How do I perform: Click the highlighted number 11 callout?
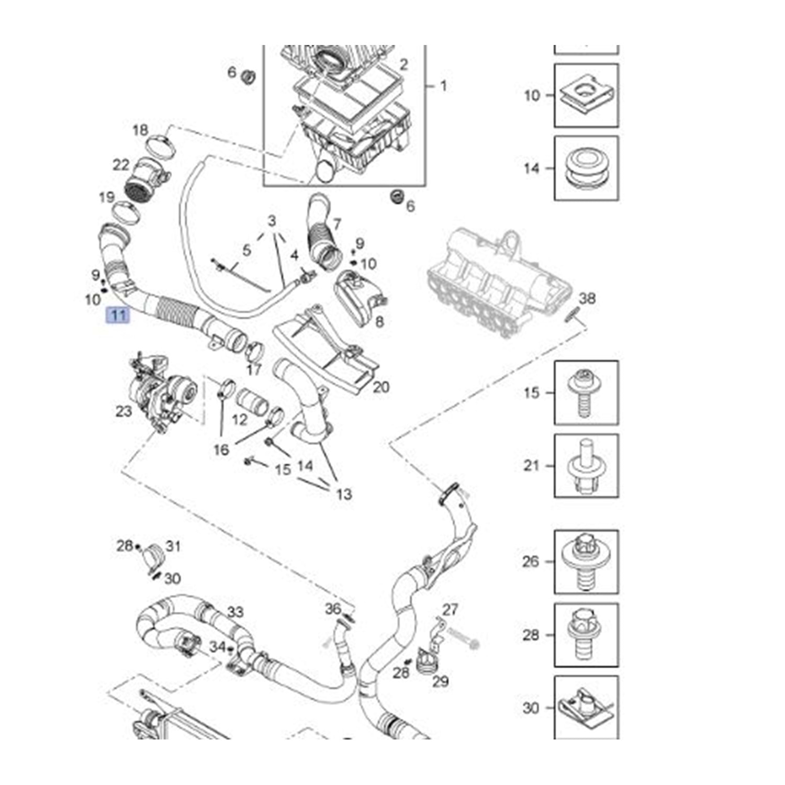pyautogui.click(x=117, y=315)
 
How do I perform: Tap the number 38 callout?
pyautogui.click(x=587, y=298)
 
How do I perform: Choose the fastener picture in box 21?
pyautogui.click(x=586, y=466)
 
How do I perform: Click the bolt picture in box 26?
pyautogui.click(x=586, y=562)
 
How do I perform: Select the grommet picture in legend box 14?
pyautogui.click(x=586, y=169)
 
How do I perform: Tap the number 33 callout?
pyautogui.click(x=235, y=611)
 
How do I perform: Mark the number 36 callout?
pyautogui.click(x=333, y=609)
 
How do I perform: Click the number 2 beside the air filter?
pyautogui.click(x=403, y=64)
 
